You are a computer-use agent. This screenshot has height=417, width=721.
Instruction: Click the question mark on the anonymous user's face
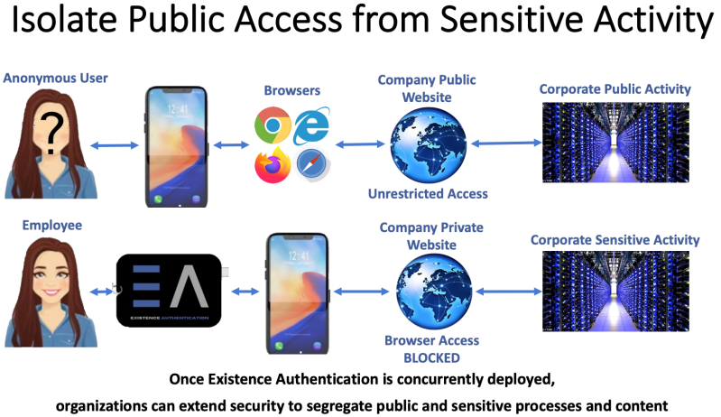coord(53,135)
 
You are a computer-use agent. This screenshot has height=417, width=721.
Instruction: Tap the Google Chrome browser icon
coord(272,125)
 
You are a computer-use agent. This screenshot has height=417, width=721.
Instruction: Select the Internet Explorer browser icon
coord(312,124)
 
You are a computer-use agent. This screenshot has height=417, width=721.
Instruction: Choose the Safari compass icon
coord(311,164)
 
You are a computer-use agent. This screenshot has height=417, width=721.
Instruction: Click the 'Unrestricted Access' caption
coord(429,194)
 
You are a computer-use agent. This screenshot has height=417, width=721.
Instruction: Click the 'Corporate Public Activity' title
coord(615,89)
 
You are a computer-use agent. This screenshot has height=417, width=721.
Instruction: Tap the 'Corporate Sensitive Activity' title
coord(615,240)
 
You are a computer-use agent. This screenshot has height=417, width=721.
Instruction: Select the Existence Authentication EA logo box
coord(169,291)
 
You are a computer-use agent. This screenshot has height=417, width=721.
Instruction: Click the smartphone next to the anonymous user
coord(176,146)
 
